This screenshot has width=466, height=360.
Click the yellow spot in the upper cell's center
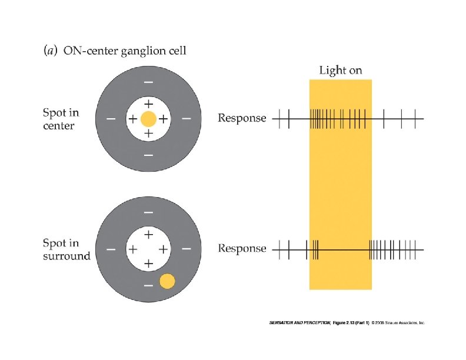[x=148, y=119]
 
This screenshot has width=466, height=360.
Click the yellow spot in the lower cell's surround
[x=167, y=281]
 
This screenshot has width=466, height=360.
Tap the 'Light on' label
[x=340, y=71]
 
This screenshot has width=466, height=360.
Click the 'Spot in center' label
[x=61, y=118]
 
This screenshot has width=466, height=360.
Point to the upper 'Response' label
[x=242, y=118]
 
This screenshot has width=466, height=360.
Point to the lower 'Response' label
[x=242, y=249]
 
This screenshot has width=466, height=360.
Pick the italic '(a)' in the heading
[x=51, y=51]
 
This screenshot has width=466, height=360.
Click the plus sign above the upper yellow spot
[x=148, y=104]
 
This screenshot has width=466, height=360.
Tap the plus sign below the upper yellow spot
[x=148, y=134]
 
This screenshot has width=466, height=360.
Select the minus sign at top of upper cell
[x=148, y=82]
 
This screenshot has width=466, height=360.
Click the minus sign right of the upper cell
[x=187, y=119]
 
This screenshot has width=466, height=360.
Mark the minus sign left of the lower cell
[x=111, y=249]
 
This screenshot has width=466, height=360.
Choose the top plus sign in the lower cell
[x=148, y=234]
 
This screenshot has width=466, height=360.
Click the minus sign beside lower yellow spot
[x=148, y=285]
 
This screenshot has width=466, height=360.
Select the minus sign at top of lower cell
[x=148, y=212]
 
